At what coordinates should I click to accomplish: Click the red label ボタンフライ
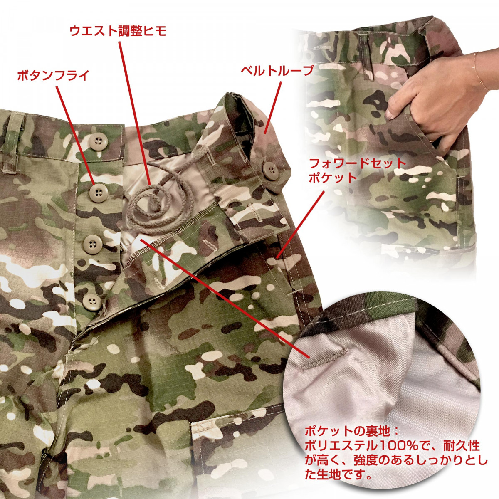pyautogui.click(x=53, y=76)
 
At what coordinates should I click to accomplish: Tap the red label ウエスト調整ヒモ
pyautogui.click(x=117, y=31)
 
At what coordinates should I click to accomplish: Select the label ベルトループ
pyautogui.click(x=277, y=71)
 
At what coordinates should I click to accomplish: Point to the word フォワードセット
pyautogui.click(x=357, y=163)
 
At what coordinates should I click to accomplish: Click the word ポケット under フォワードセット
pyautogui.click(x=333, y=178)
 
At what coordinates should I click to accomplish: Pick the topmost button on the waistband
pyautogui.click(x=98, y=143)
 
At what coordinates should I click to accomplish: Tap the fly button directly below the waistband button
pyautogui.click(x=98, y=192)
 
